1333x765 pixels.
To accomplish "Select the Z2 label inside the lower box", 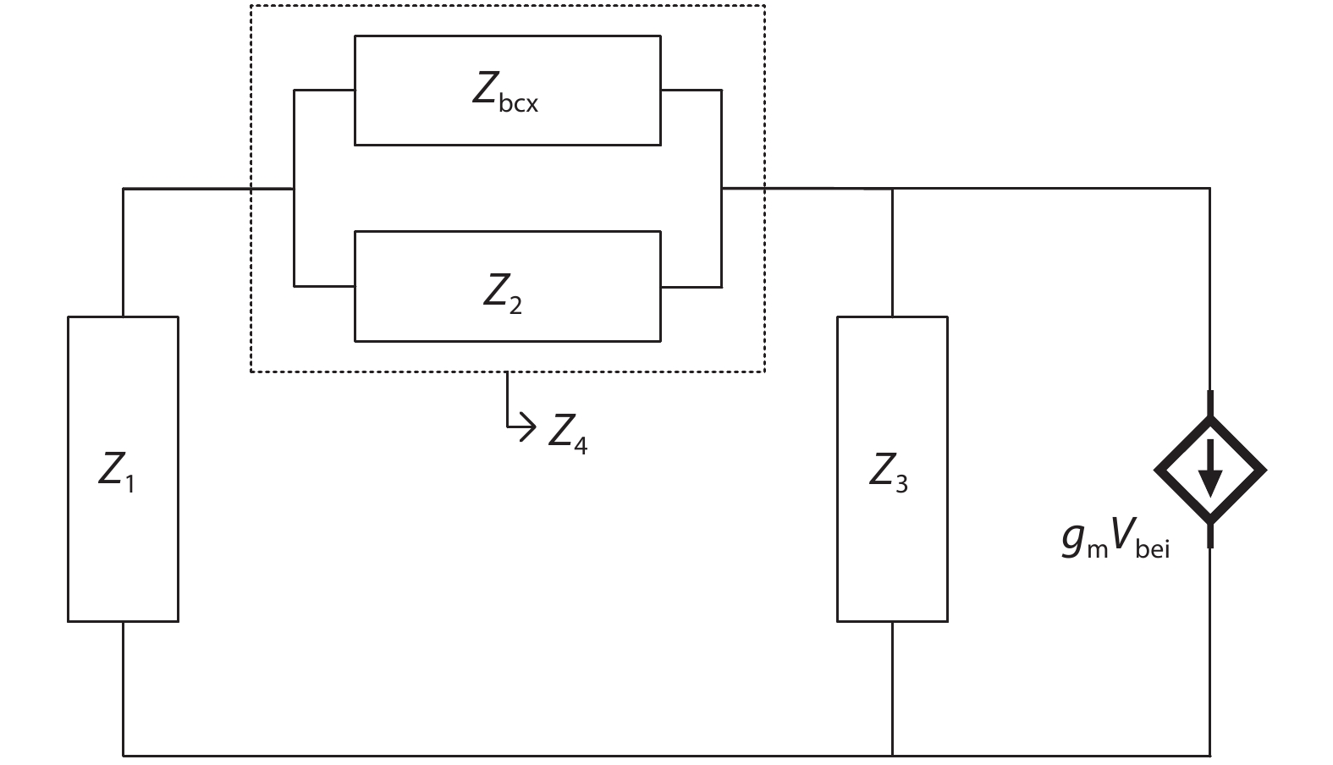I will click(503, 292).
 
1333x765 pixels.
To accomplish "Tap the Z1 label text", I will click(117, 472).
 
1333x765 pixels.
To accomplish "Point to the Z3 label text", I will click(889, 472).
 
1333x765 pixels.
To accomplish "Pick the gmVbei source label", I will click(1115, 542).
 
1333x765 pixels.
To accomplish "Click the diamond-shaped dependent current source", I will click(1210, 470).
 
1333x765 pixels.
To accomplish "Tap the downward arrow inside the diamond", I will click(1210, 468).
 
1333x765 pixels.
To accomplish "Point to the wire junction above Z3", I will click(893, 189).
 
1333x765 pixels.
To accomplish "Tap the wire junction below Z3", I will click(893, 755).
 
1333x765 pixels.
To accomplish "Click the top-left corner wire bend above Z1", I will click(124, 189).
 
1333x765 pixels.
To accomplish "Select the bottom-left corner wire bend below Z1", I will click(124, 755).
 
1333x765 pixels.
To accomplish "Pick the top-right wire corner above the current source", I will click(1209, 189).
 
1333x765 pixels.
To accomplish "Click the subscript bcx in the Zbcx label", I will click(518, 105).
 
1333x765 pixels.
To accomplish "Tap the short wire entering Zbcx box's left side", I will click(324, 89).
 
